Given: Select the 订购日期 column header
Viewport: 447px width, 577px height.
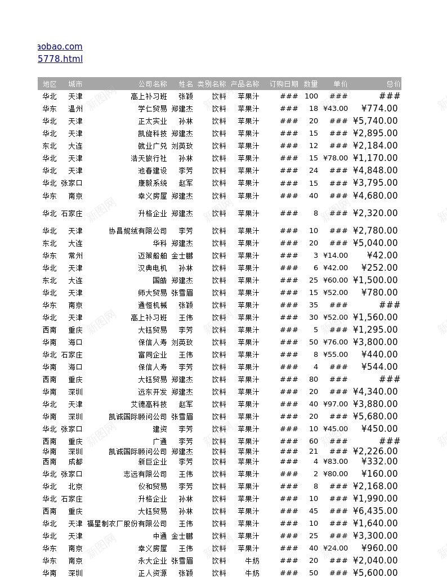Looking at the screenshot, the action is (284, 84).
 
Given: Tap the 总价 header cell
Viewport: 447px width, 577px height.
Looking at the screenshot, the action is (393, 84).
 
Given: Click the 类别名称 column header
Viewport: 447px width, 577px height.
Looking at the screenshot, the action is (212, 84).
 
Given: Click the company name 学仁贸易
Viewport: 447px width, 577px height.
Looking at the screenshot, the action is (153, 109).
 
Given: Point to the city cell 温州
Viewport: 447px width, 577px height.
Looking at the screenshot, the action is (75, 109).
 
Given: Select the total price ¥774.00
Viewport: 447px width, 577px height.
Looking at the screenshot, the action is (379, 109).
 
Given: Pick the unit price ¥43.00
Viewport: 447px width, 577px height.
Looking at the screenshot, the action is (336, 109).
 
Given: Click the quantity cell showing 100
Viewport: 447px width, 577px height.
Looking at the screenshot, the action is (311, 96).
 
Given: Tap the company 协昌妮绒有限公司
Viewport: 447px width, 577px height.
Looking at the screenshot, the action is (138, 231).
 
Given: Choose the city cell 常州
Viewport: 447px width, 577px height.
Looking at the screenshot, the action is (75, 256).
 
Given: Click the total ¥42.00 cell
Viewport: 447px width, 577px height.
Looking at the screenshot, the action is (382, 256).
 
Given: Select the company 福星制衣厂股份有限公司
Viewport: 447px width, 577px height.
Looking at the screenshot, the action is (127, 524).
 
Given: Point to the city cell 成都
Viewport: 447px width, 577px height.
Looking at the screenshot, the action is (75, 462).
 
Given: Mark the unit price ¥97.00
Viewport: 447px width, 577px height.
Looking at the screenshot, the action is (336, 404).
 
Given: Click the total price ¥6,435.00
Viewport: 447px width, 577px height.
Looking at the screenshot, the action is (375, 511).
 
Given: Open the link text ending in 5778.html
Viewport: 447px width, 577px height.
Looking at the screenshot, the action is (60, 59).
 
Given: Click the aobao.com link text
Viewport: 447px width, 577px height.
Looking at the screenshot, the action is (60, 47).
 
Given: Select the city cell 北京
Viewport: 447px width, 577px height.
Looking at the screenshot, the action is (75, 486).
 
